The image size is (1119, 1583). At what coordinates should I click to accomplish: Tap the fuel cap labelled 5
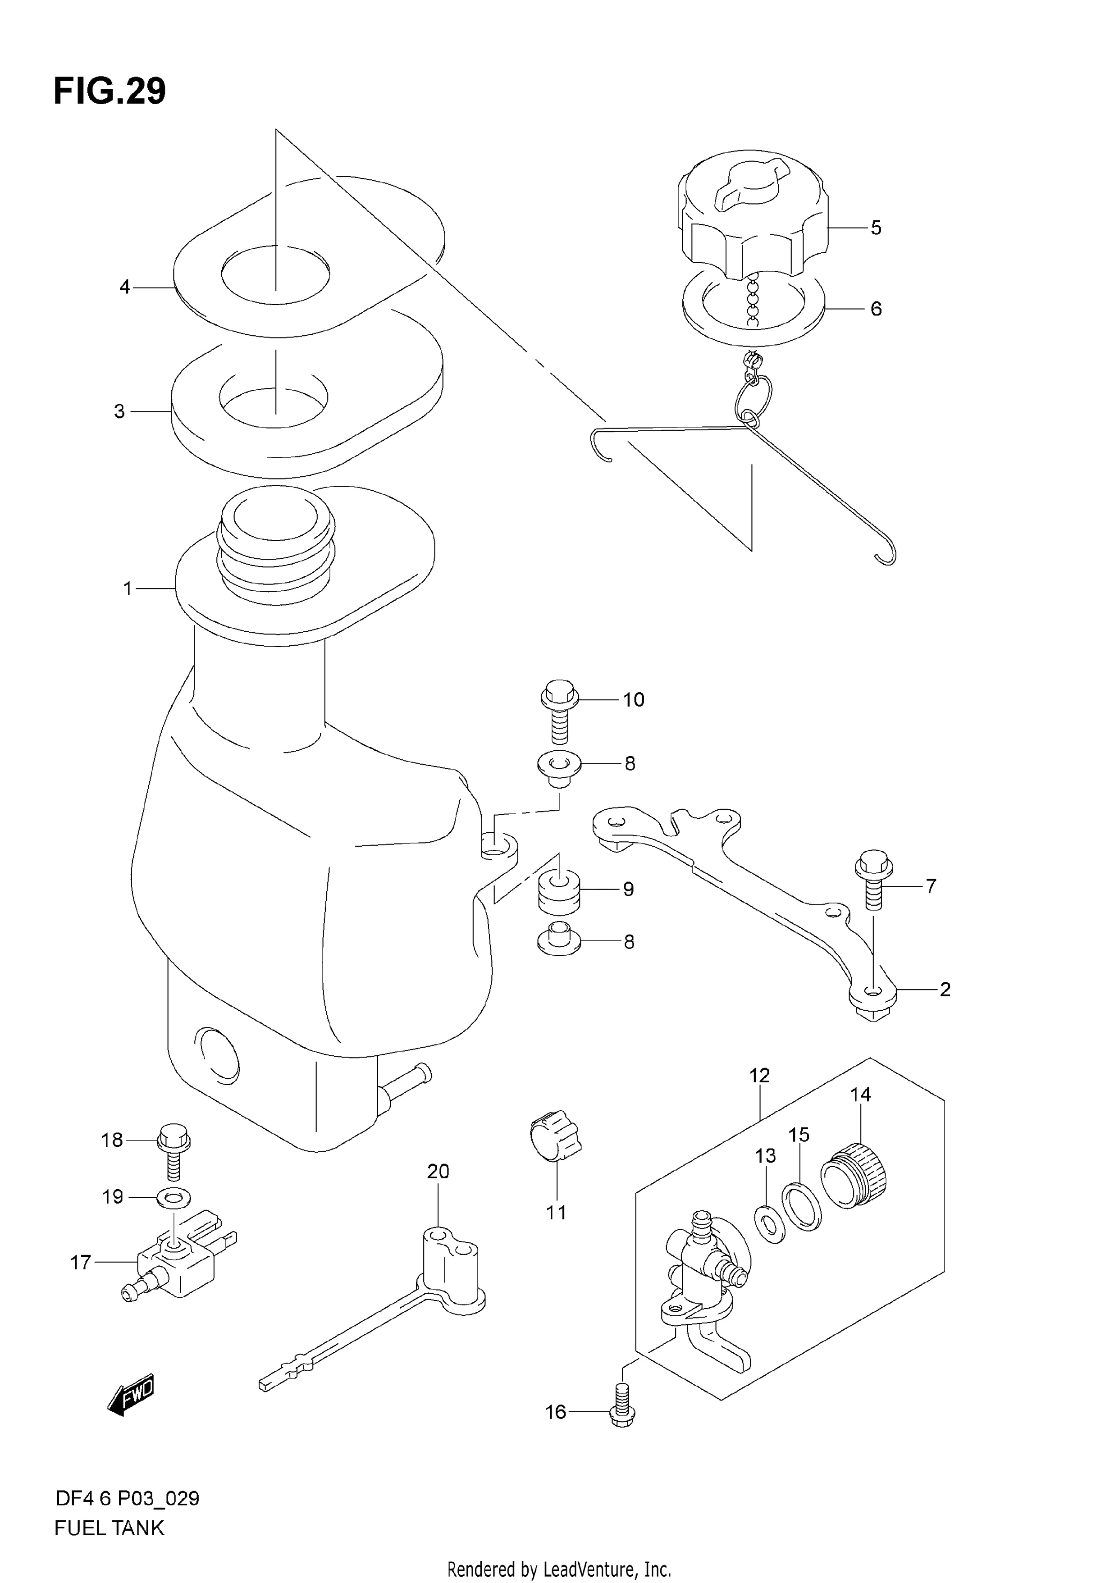click(753, 214)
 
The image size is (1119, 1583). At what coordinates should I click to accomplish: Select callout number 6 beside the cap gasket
click(876, 308)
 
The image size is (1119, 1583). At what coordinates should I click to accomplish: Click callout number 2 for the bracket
click(945, 990)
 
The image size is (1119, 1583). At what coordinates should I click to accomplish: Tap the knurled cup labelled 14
click(854, 1176)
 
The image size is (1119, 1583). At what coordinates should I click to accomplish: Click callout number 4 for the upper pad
click(124, 286)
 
